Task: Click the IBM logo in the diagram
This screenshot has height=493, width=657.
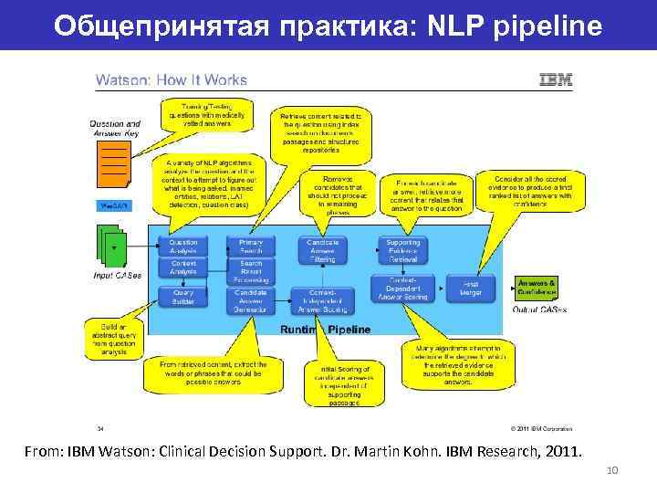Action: point(556,79)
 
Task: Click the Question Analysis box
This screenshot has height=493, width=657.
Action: point(182,246)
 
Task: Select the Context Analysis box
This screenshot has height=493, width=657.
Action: point(182,267)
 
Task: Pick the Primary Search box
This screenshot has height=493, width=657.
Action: point(251,246)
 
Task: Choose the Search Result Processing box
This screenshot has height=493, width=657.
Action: point(251,271)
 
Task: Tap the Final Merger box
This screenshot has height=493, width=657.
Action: point(471,288)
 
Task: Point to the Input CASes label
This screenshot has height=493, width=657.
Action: point(117,275)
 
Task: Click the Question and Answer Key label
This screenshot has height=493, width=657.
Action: point(115,129)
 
